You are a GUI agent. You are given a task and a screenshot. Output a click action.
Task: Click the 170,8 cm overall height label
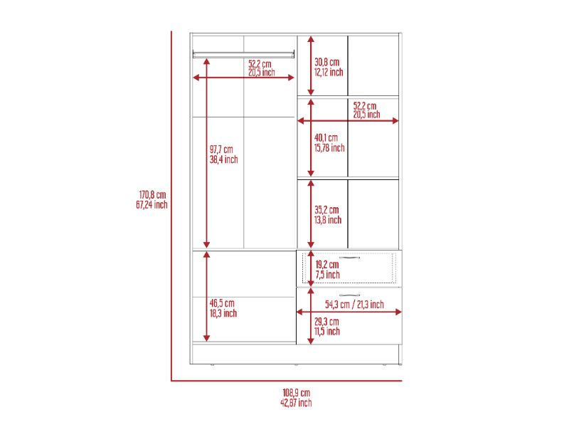(x=152, y=194)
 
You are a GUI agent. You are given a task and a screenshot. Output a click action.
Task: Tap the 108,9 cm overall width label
(x=296, y=393)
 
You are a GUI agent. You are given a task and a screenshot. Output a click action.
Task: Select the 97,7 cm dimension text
(x=221, y=149)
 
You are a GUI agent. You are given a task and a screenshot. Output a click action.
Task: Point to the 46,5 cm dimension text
(x=222, y=303)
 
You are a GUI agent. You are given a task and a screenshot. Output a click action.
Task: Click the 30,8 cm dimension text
(x=326, y=62)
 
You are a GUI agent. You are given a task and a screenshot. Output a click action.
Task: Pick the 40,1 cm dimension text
(x=326, y=138)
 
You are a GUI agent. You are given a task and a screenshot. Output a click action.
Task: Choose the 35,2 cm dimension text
(x=326, y=210)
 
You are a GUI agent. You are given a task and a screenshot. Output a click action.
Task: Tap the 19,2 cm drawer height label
(x=327, y=265)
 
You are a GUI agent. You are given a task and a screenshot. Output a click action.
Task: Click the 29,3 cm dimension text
(x=326, y=322)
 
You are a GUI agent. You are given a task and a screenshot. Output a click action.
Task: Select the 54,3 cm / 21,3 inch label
(x=354, y=305)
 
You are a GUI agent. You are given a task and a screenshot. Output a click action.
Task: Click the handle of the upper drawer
(x=349, y=258)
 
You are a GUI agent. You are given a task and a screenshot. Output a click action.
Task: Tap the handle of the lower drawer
(x=349, y=295)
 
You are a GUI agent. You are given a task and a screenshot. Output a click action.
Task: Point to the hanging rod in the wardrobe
(x=243, y=55)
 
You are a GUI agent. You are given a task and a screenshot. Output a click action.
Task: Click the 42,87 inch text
(x=296, y=402)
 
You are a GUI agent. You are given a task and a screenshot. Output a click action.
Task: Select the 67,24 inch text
(x=151, y=205)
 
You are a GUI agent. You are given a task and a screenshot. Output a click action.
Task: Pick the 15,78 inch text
(x=329, y=148)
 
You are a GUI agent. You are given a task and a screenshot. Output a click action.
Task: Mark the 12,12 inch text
(x=329, y=73)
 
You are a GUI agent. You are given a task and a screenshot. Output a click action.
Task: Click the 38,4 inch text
(x=223, y=159)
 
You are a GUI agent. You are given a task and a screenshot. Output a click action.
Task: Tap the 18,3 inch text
(x=223, y=313)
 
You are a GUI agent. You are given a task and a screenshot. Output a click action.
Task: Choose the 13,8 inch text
(x=328, y=220)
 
